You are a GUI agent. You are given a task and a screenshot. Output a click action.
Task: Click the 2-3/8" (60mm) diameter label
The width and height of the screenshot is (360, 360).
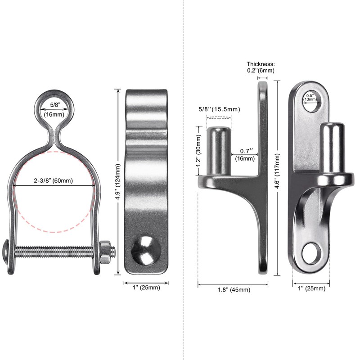pos(54,181)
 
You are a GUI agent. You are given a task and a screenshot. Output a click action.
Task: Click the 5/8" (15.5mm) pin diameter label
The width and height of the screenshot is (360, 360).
pos(220,109)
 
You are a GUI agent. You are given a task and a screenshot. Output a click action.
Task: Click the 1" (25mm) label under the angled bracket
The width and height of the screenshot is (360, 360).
pos(311,288)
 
